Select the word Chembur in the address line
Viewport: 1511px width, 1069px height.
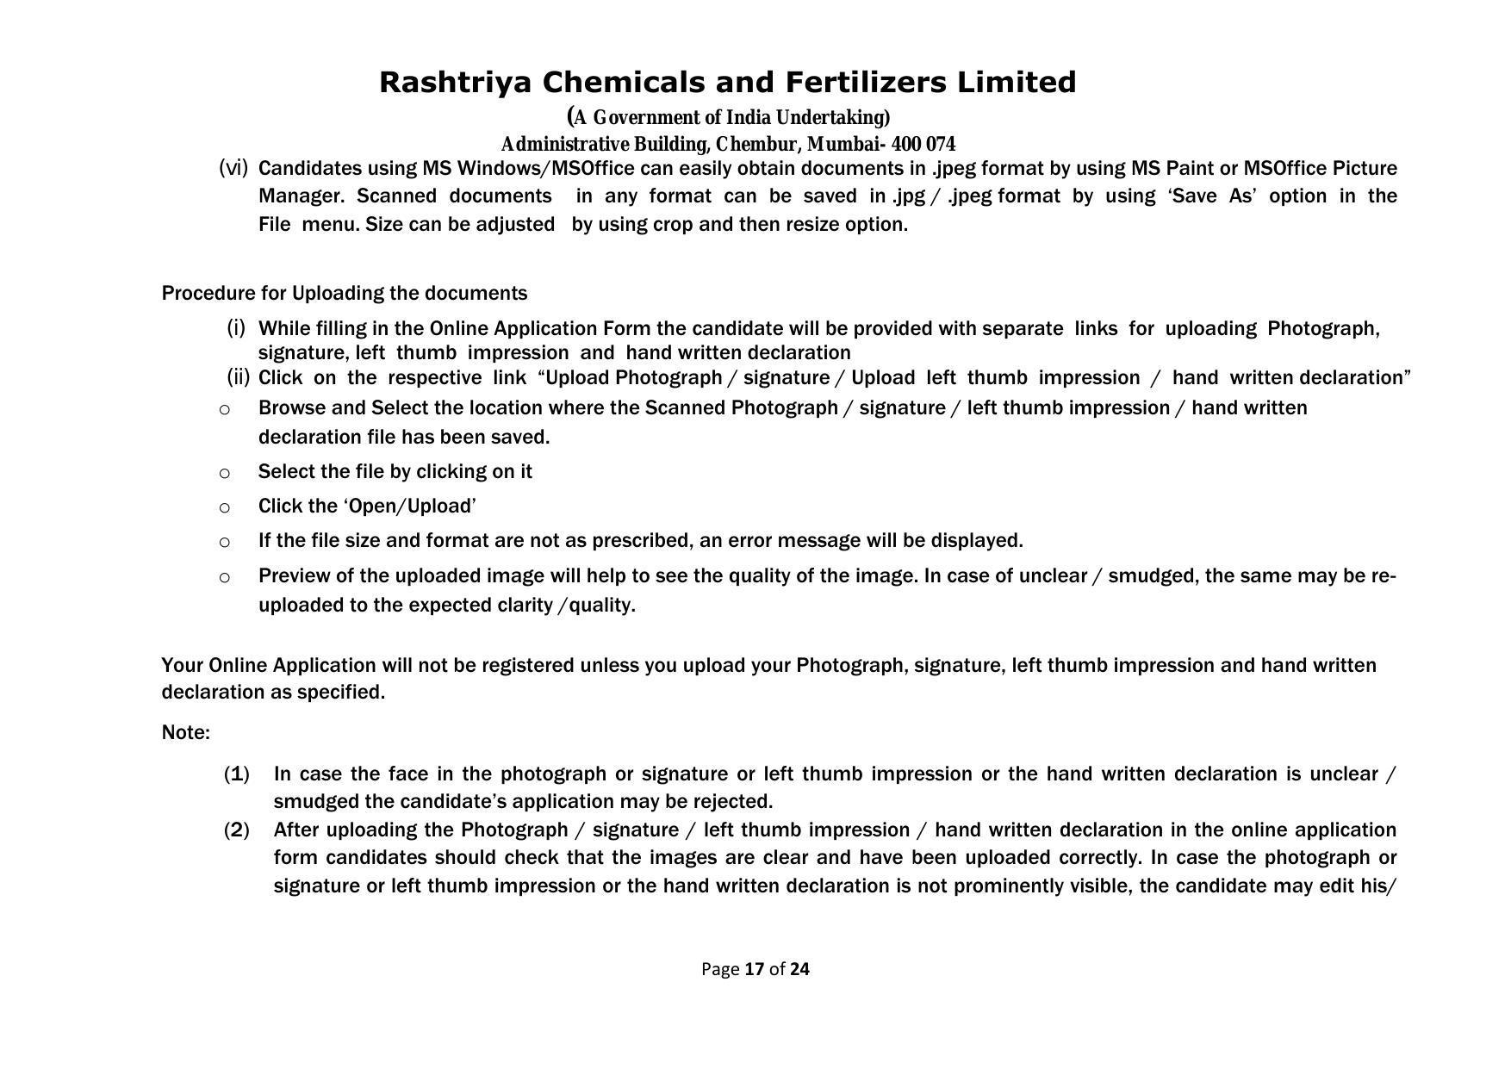(756, 144)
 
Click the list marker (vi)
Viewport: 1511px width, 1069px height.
(233, 167)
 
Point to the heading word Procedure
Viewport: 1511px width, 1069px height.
(208, 294)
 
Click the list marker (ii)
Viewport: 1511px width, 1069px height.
(238, 377)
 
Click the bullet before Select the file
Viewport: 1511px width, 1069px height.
(225, 473)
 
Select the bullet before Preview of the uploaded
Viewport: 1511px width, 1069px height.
(225, 577)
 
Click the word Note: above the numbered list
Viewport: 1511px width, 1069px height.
(186, 733)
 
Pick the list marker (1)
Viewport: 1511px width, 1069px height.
(237, 774)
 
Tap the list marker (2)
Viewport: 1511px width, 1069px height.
(237, 830)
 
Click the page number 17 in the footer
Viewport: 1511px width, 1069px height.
(755, 969)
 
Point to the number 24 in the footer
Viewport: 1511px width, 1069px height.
(799, 969)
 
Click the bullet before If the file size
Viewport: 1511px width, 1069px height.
(225, 542)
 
